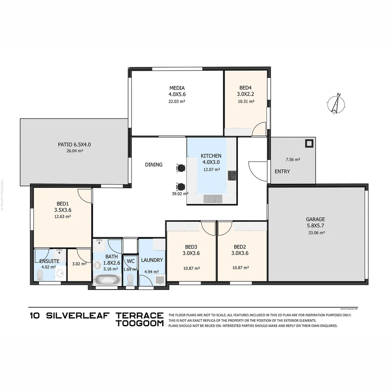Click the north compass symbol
click(336, 104)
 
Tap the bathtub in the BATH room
click(107, 280)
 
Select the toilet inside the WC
click(130, 279)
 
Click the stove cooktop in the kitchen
click(232, 175)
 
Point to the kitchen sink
click(213, 199)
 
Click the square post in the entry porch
click(309, 143)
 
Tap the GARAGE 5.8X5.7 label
click(315, 222)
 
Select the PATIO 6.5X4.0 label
click(74, 144)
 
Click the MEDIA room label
click(177, 91)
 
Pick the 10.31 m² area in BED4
click(246, 101)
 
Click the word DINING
click(154, 165)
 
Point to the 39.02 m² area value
click(180, 194)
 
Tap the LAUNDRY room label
click(152, 260)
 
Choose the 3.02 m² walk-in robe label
click(79, 264)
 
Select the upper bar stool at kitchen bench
click(181, 168)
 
